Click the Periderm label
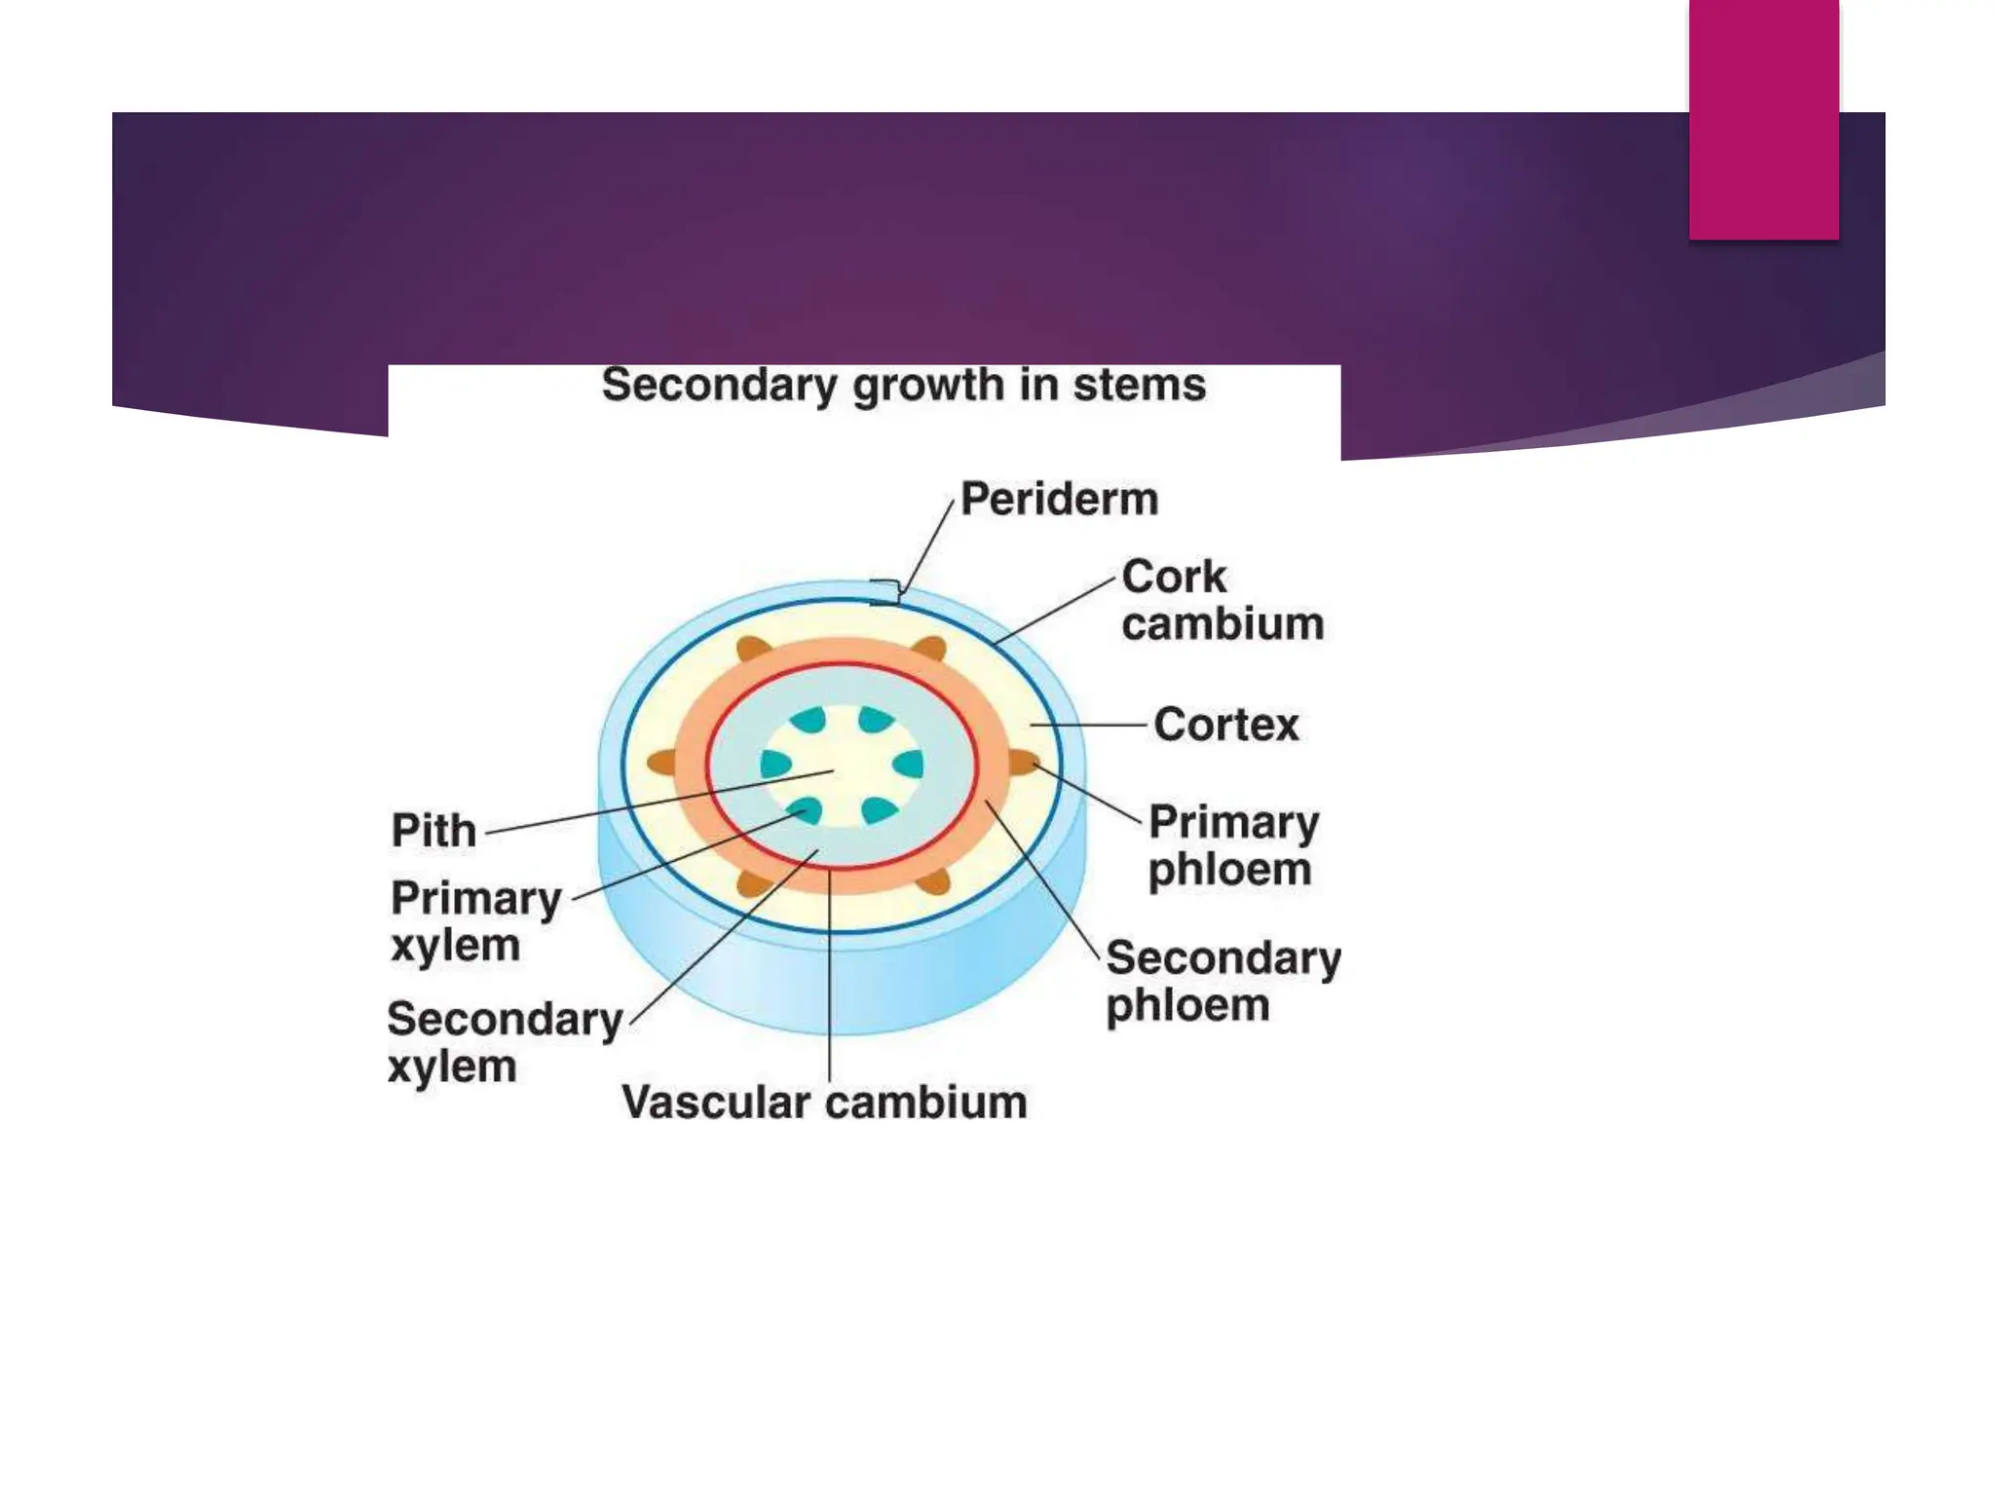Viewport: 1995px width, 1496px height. click(1059, 500)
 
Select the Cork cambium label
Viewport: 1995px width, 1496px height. click(1222, 600)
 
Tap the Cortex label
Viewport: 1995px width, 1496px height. click(1225, 725)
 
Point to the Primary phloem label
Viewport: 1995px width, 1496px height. click(1232, 845)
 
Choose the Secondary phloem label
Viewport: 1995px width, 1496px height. click(1223, 981)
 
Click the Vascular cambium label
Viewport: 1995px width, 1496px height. click(824, 1103)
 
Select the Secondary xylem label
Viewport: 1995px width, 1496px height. click(504, 1042)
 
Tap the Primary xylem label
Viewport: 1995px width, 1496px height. click(475, 921)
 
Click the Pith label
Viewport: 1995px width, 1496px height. click(433, 831)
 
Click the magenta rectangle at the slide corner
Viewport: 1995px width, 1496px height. click(1763, 119)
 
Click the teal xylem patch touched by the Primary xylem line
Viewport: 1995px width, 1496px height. click(808, 810)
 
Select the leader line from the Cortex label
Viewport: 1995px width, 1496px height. click(1089, 725)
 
